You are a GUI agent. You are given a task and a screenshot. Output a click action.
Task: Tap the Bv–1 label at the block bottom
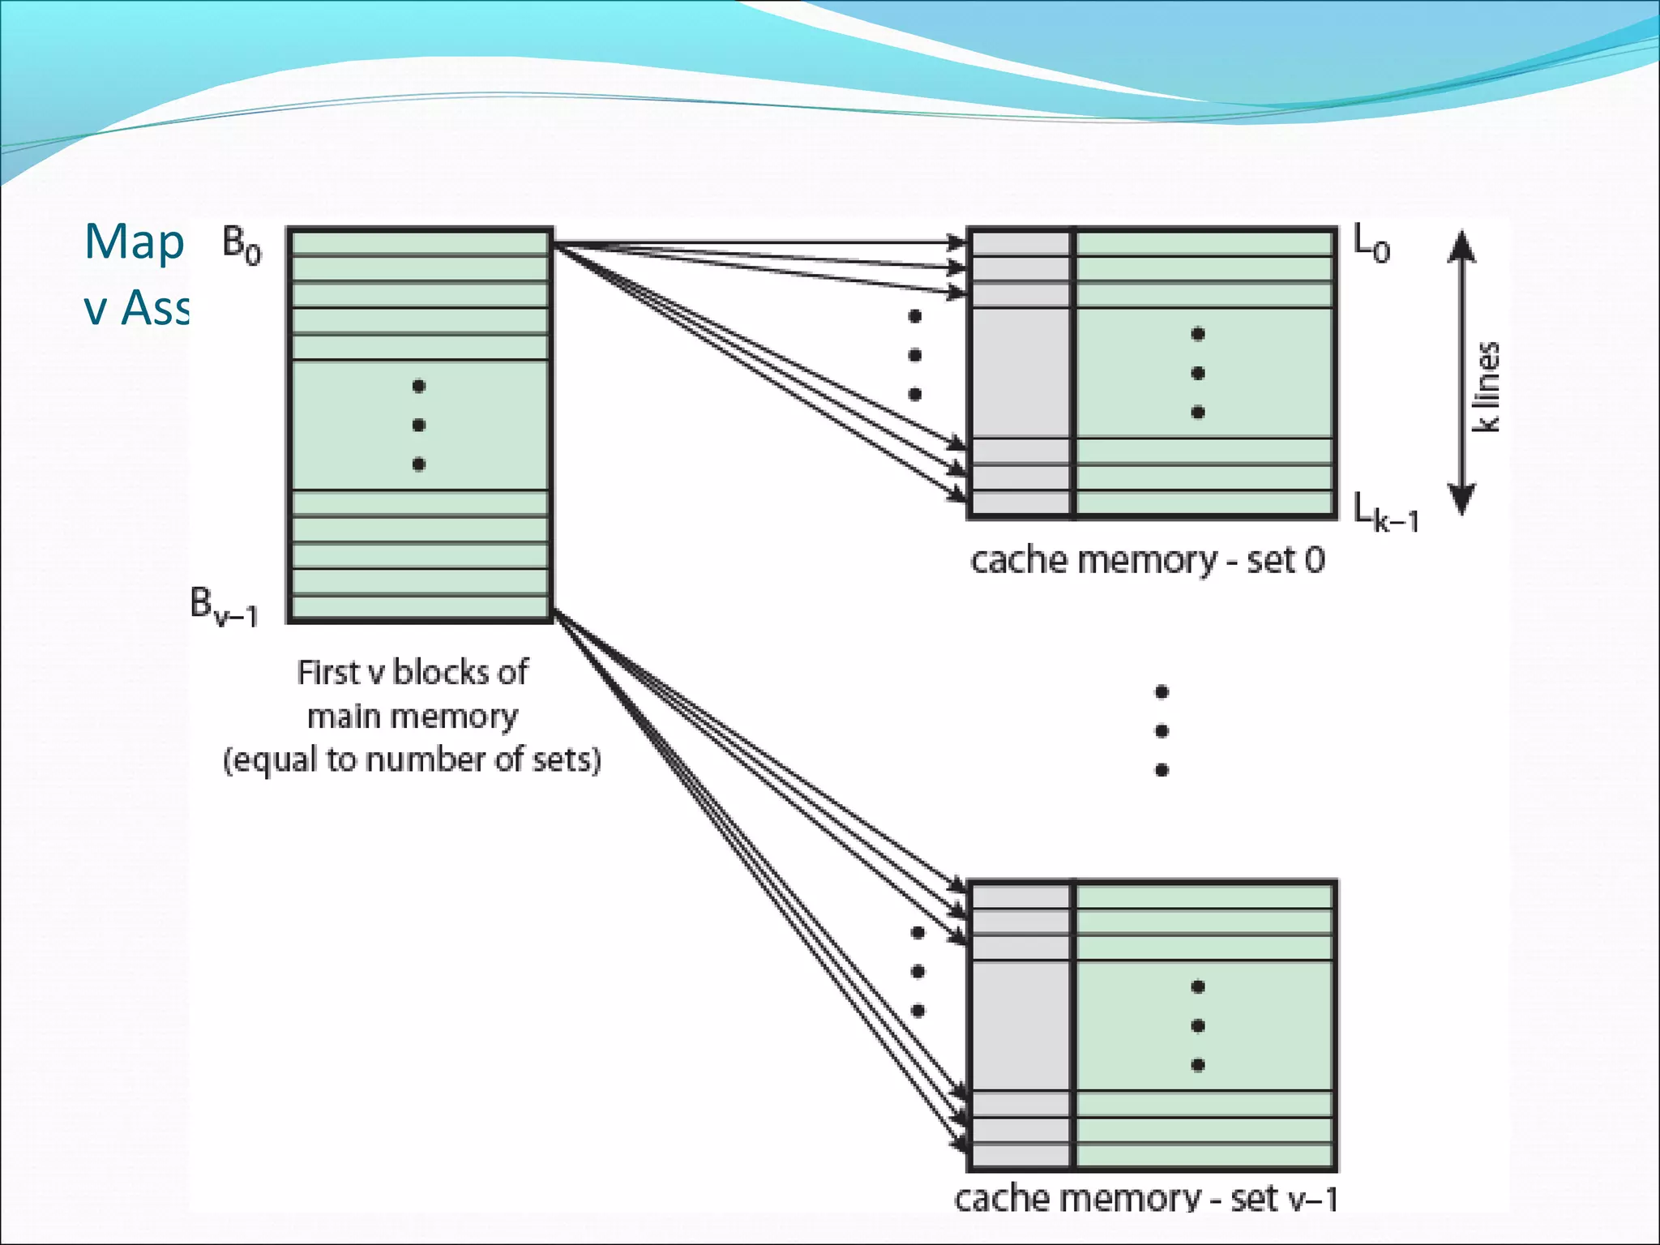pyautogui.click(x=224, y=606)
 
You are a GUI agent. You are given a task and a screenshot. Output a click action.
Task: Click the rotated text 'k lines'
pyautogui.click(x=1486, y=387)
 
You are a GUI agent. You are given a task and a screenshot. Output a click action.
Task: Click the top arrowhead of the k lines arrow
pyautogui.click(x=1461, y=243)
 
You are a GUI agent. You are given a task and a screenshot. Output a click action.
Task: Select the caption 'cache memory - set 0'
pyautogui.click(x=1147, y=560)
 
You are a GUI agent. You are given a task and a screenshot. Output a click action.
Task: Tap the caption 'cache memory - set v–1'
pyautogui.click(x=1145, y=1198)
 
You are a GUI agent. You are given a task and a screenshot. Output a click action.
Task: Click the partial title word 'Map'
pyautogui.click(x=135, y=242)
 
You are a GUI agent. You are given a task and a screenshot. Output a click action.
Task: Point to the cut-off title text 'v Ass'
pyautogui.click(x=136, y=308)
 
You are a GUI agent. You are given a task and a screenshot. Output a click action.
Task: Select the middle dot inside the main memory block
pyautogui.click(x=419, y=425)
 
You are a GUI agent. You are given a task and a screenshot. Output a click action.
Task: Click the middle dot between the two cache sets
pyautogui.click(x=1162, y=731)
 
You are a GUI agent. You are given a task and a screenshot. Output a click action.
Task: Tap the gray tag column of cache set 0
pyautogui.click(x=1020, y=373)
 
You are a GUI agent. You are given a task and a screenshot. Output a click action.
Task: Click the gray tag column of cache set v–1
pyautogui.click(x=1020, y=1025)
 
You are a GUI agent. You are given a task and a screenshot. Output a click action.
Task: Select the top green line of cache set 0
pyautogui.click(x=1204, y=244)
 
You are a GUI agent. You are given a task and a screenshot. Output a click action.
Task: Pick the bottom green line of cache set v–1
pyautogui.click(x=1204, y=1154)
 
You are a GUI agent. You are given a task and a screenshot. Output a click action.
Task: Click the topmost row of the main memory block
pyautogui.click(x=419, y=242)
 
